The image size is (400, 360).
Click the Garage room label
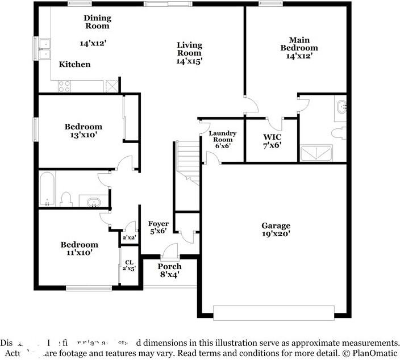(276, 225)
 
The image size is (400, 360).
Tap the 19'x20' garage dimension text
(276, 233)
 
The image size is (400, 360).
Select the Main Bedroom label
(299, 44)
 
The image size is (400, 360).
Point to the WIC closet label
(272, 137)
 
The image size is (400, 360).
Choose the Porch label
(169, 266)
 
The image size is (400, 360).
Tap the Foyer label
(158, 224)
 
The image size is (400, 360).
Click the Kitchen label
(74, 64)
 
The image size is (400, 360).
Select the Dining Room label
(97, 22)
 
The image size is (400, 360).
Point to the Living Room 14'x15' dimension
(189, 60)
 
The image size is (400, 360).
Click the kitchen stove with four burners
(64, 86)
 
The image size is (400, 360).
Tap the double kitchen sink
(44, 49)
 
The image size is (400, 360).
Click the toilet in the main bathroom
(338, 133)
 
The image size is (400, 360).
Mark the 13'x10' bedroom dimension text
(83, 135)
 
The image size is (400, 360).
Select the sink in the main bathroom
(341, 107)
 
